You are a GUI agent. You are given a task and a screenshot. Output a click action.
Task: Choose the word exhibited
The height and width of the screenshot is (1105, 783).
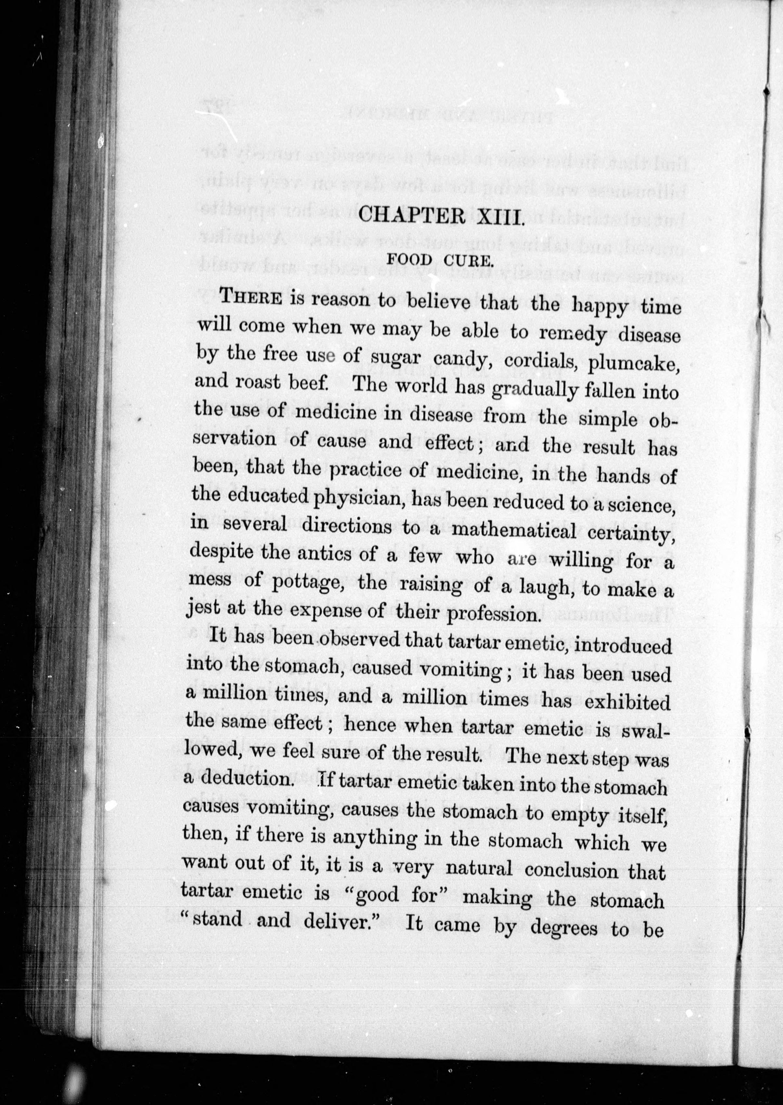(x=627, y=703)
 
